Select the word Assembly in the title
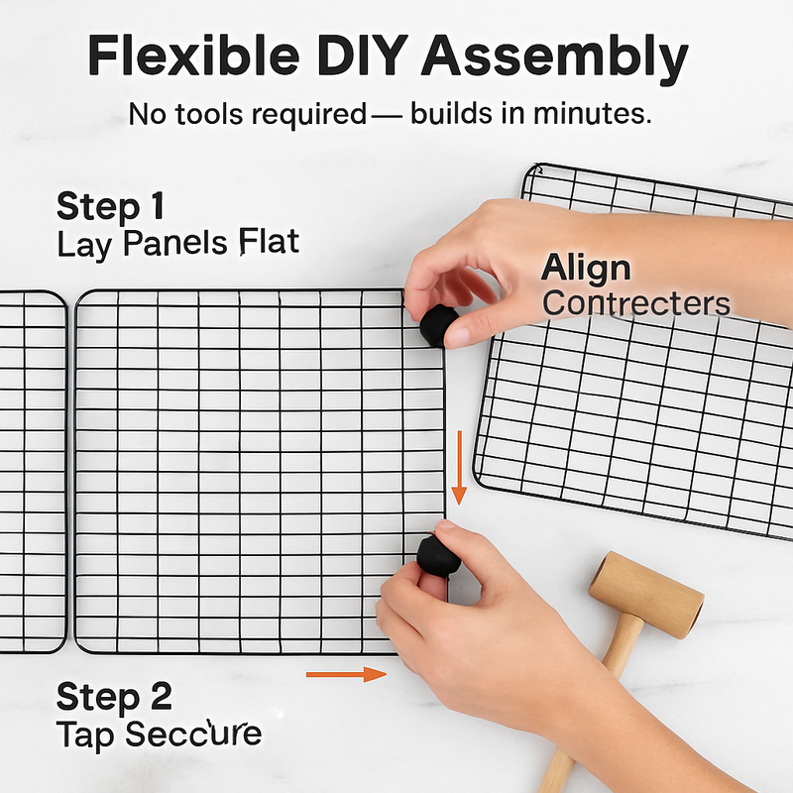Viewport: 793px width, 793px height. pyautogui.click(x=555, y=59)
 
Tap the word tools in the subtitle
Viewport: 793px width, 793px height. pyautogui.click(x=209, y=113)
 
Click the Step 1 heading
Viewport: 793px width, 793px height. pyautogui.click(x=111, y=206)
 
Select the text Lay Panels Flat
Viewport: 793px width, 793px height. pyautogui.click(x=178, y=244)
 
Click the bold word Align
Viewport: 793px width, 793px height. pyautogui.click(x=586, y=269)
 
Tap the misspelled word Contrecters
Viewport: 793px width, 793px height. pyautogui.click(x=636, y=303)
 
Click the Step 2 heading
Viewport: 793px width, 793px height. pyautogui.click(x=114, y=697)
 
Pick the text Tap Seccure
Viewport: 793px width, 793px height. pyautogui.click(x=159, y=735)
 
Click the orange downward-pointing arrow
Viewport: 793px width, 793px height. pyautogui.click(x=459, y=468)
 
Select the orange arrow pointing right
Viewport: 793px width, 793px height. pyautogui.click(x=346, y=674)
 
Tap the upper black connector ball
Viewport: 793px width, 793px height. pyautogui.click(x=438, y=326)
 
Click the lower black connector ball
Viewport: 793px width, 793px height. pyautogui.click(x=438, y=556)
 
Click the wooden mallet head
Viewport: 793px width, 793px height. pyautogui.click(x=646, y=594)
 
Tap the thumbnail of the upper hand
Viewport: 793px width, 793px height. pyautogui.click(x=458, y=337)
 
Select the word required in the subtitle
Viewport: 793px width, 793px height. pyautogui.click(x=309, y=114)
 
